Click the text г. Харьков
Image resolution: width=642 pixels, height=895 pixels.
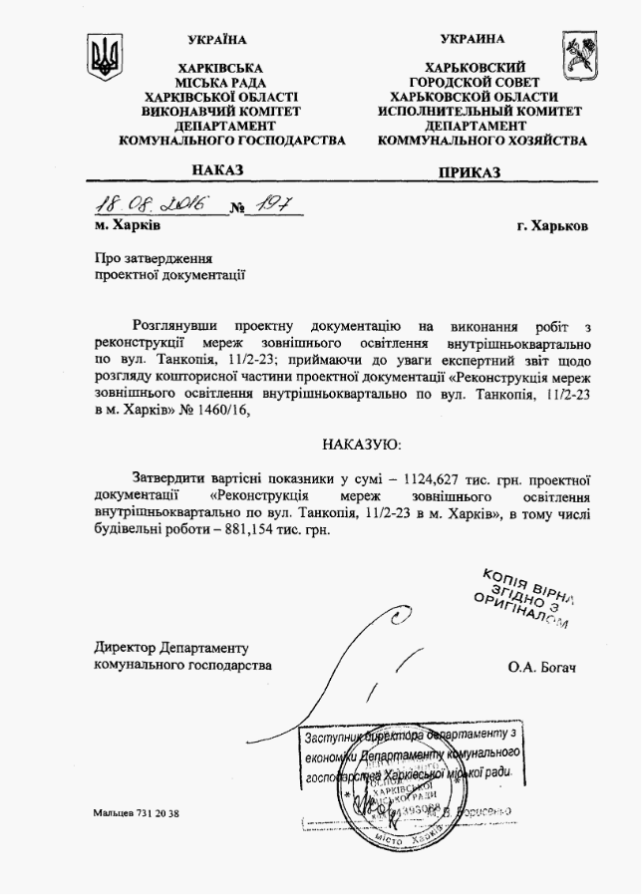click(552, 226)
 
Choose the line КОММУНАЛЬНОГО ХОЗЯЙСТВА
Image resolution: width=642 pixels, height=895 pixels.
click(482, 141)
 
